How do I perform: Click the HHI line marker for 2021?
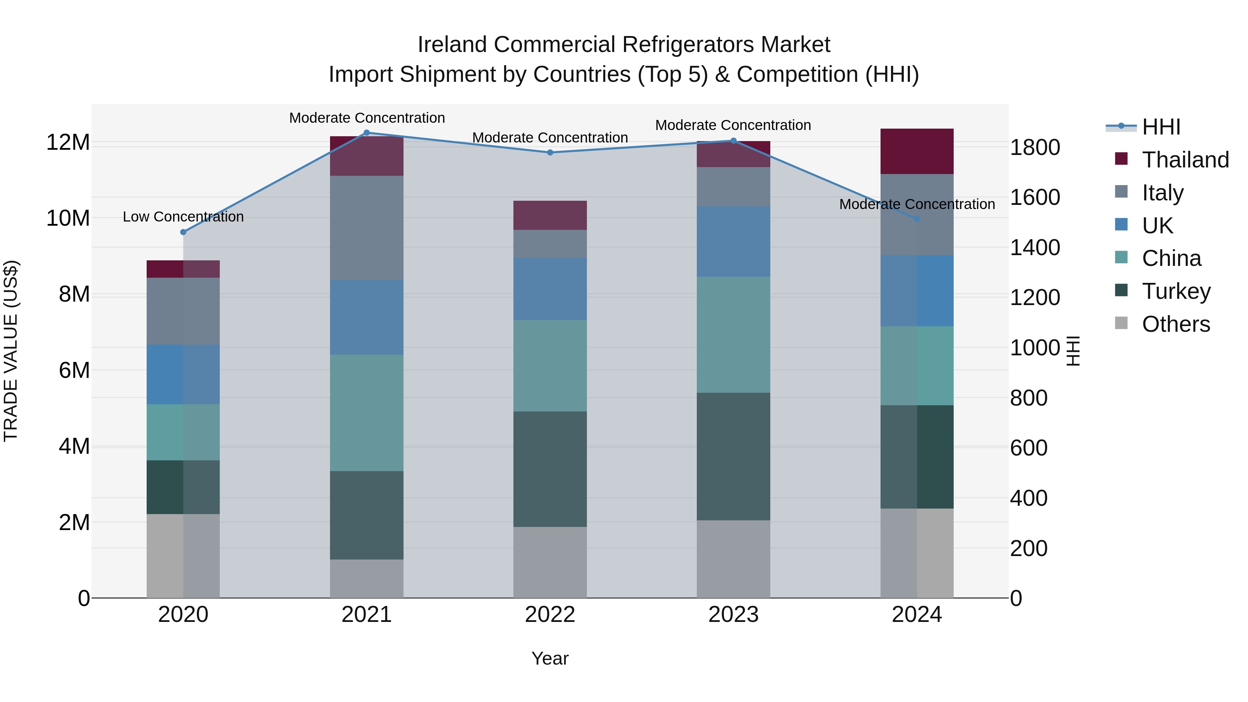point(366,133)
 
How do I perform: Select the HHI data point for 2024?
point(916,219)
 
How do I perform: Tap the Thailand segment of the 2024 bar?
point(916,151)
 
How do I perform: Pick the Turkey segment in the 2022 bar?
point(550,469)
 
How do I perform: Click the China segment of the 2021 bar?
point(366,413)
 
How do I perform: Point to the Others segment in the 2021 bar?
point(366,579)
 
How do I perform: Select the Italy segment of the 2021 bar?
point(366,228)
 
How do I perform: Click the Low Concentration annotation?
point(183,217)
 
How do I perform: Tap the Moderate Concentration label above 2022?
point(550,138)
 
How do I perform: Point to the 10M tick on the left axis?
point(68,218)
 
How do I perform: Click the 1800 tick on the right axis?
point(1035,147)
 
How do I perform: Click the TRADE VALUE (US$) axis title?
point(11,351)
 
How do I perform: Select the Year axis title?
point(550,658)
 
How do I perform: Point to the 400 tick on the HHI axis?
point(1029,498)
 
